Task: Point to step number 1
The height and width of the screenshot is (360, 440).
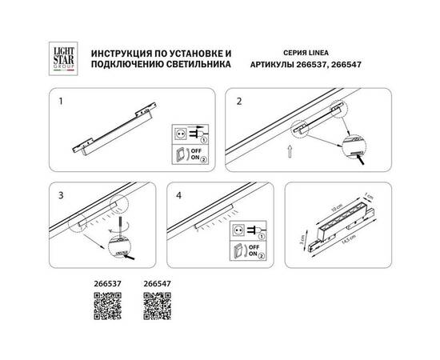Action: (62, 102)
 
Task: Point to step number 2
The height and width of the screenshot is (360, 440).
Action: (238, 102)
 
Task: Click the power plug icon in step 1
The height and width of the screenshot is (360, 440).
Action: (184, 134)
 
